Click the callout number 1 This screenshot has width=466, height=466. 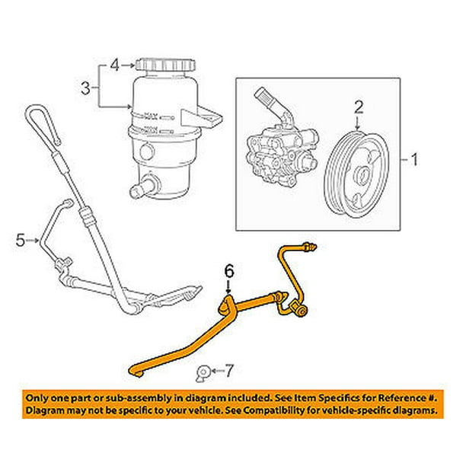[414, 160]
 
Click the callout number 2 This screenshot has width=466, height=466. [358, 110]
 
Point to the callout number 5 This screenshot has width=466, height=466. [21, 241]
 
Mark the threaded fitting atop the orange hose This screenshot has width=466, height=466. [308, 247]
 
